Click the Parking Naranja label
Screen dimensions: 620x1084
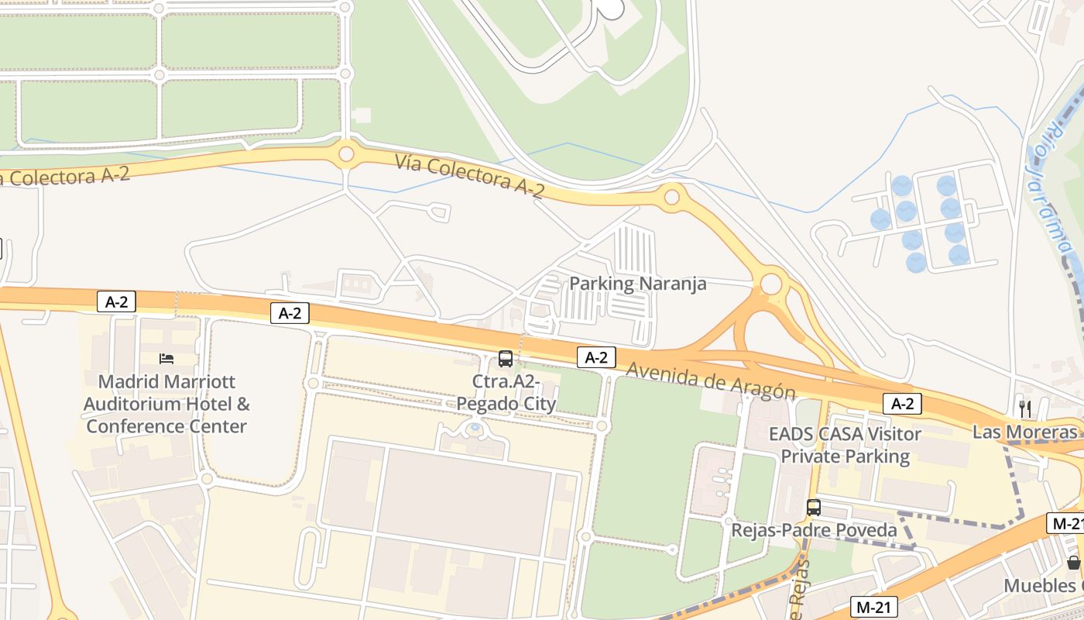637,284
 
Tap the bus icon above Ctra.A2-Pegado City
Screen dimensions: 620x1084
506,358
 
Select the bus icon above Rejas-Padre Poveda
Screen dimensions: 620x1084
814,508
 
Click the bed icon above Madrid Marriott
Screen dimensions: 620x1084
166,358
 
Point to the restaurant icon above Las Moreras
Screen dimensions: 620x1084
1025,408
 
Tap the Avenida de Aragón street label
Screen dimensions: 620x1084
710,381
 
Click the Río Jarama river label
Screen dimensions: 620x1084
1049,189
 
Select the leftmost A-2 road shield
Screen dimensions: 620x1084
116,302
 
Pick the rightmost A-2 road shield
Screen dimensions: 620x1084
903,403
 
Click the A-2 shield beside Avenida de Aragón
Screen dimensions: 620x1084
596,357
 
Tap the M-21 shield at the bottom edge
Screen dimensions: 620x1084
874,607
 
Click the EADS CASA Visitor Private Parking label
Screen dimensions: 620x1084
845,445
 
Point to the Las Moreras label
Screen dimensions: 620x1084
1024,432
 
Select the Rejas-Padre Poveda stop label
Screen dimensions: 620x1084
814,531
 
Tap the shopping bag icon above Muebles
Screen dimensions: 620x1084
1073,562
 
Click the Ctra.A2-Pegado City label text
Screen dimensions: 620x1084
506,393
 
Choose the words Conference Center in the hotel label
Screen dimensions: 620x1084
166,426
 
